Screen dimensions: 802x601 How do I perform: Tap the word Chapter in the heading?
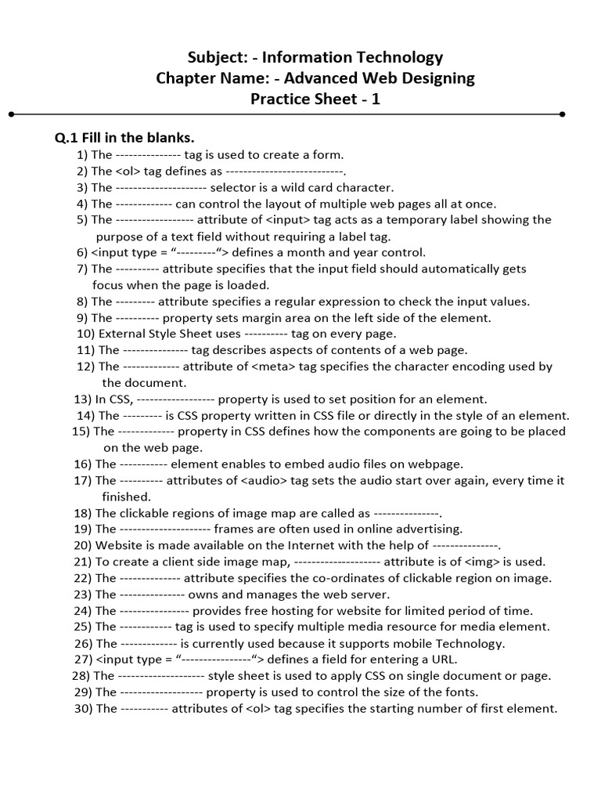[x=188, y=78]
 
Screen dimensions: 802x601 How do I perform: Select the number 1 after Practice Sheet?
[x=376, y=99]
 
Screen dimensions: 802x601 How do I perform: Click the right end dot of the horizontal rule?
[x=562, y=114]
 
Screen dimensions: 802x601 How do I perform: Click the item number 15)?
[x=81, y=431]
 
